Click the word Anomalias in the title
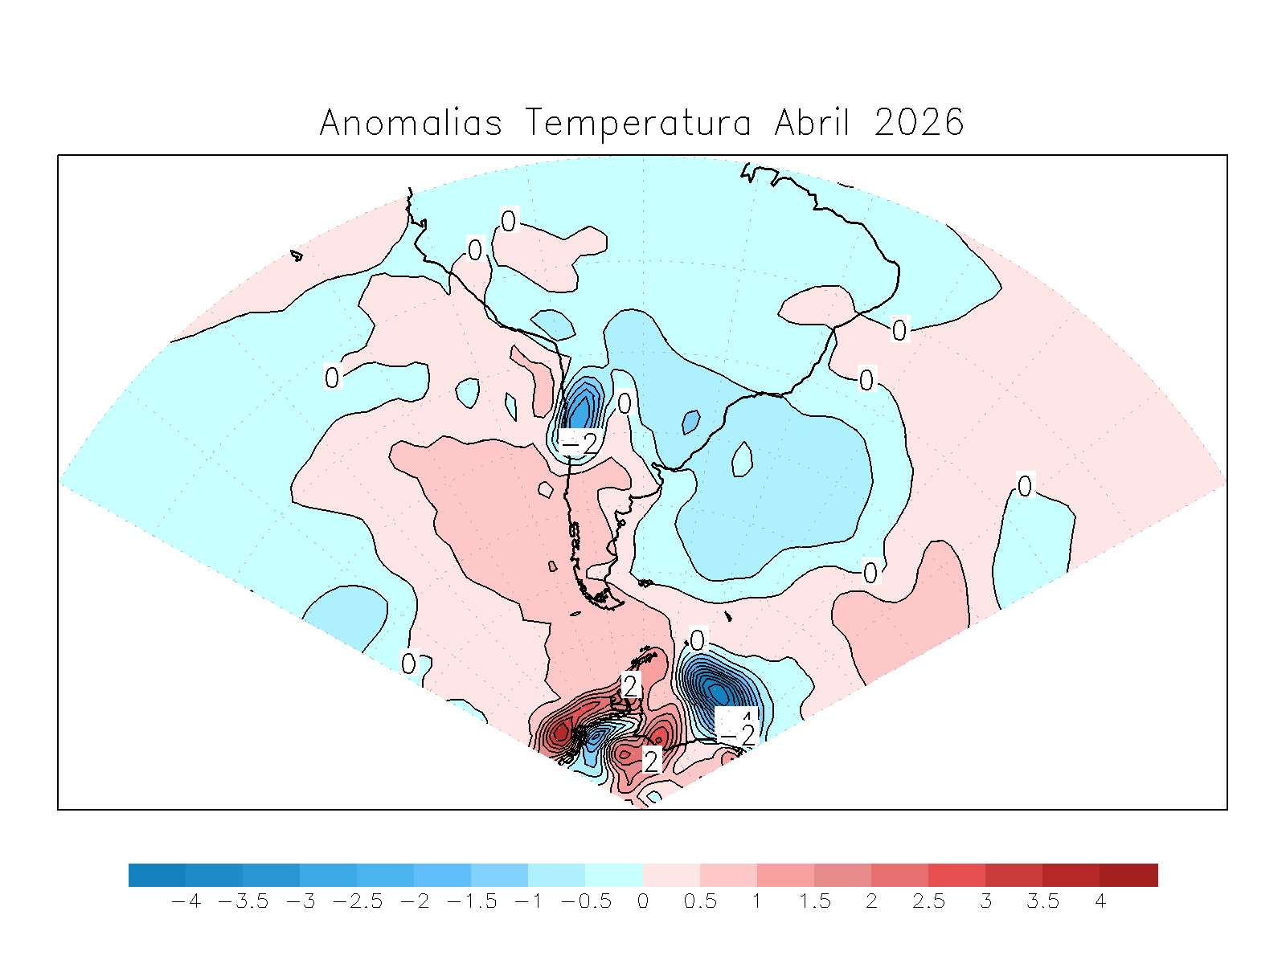tap(411, 124)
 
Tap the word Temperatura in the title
tap(639, 124)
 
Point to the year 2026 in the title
tap(919, 124)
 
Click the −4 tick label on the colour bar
tap(186, 901)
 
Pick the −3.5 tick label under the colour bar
tap(243, 901)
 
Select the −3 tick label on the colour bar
tap(300, 901)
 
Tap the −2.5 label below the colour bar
tap(357, 901)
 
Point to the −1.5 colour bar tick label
tap(471, 901)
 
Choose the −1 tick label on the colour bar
tap(528, 901)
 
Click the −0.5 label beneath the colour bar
tap(585, 901)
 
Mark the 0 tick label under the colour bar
tap(643, 901)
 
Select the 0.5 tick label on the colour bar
tap(700, 901)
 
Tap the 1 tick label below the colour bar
tap(757, 901)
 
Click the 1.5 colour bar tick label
tap(814, 901)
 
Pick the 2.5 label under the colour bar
tap(928, 901)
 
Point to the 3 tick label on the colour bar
tap(985, 901)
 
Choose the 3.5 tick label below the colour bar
tap(1042, 901)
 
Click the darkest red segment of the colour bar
tap(1128, 875)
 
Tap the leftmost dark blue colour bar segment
tap(157, 875)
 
